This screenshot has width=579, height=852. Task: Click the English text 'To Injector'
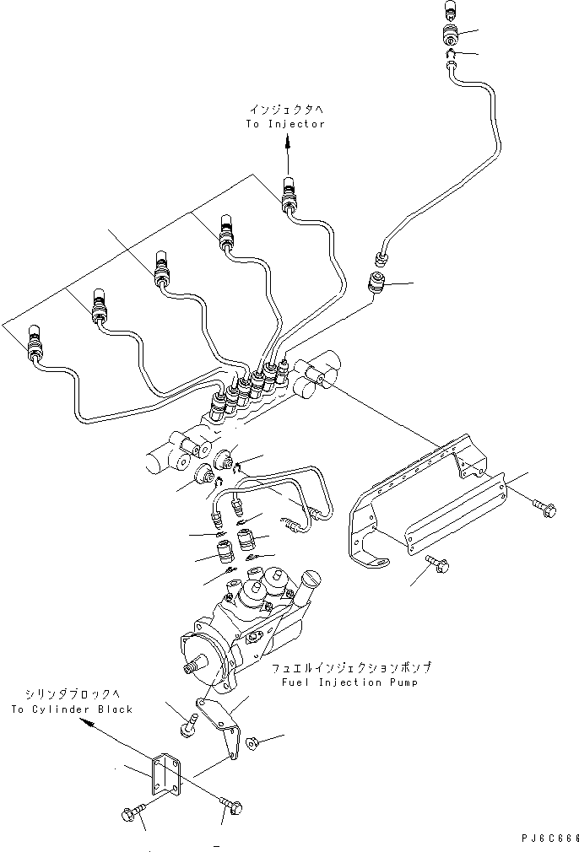coord(285,124)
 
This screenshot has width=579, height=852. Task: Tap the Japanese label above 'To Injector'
coord(285,110)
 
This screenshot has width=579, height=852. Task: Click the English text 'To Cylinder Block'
coord(72,709)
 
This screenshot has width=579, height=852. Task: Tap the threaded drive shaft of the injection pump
coord(192,667)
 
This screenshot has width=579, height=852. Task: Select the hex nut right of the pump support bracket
coord(251,742)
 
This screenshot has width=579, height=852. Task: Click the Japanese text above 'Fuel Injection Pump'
coord(352,667)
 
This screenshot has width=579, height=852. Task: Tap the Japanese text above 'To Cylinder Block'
coord(72,695)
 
